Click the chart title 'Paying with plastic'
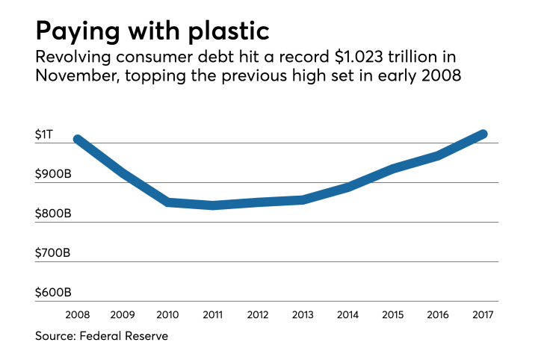tap(152, 32)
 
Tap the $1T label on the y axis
tap(45, 134)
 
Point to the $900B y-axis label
tap(53, 174)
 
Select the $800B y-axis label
tap(53, 214)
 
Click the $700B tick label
tap(53, 253)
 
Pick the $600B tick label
tap(53, 293)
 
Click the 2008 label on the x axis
tap(77, 314)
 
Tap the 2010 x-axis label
tap(167, 314)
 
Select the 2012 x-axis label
tap(258, 314)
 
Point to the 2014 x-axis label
tap(348, 314)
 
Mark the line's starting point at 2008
tap(78, 140)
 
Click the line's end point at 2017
tap(484, 134)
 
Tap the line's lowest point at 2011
tap(213, 205)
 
